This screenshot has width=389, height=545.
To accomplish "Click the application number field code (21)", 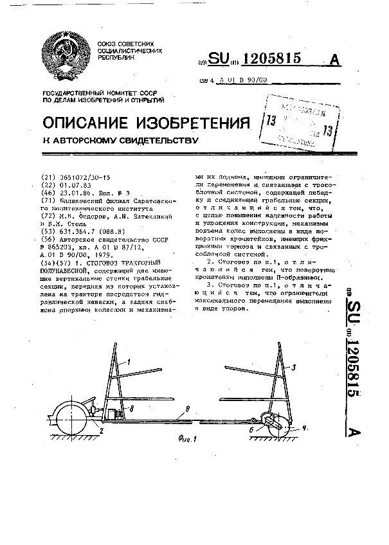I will [x=48, y=176].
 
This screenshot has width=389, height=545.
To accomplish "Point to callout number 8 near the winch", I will [x=132, y=407].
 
